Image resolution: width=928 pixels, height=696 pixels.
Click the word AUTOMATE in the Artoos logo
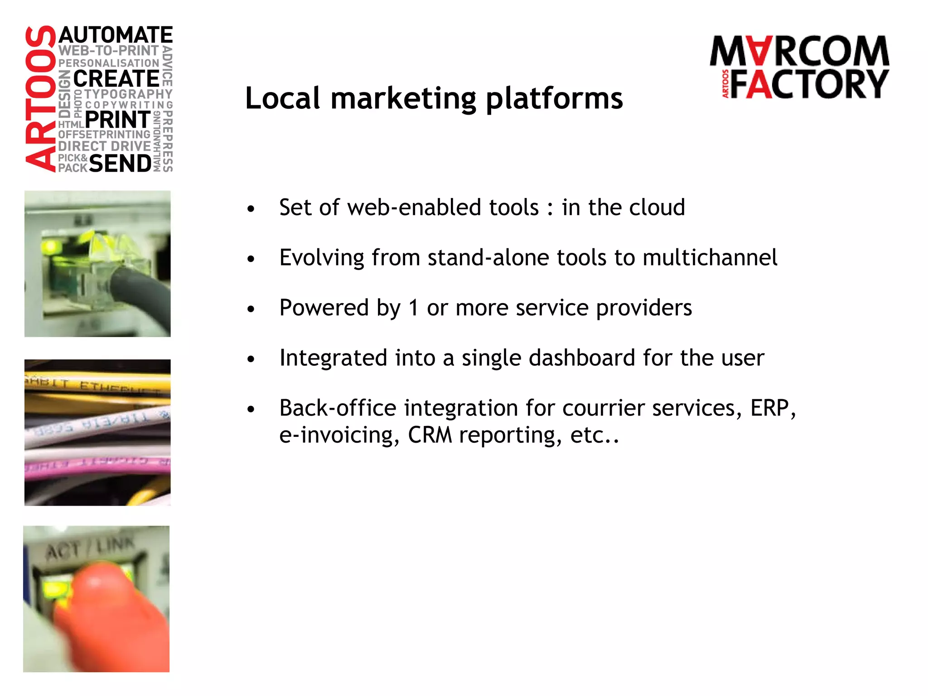116,35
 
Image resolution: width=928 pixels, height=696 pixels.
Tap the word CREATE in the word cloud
116,79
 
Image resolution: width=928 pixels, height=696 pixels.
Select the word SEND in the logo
121,164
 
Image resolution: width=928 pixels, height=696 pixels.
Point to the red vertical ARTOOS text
40,99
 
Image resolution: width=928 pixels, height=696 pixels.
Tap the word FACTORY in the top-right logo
809,84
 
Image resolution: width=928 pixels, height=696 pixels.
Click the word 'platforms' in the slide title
554,99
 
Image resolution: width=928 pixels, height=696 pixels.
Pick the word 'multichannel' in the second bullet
710,258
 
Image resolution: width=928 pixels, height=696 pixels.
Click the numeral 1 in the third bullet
413,308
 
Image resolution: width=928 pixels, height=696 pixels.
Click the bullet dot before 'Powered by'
251,309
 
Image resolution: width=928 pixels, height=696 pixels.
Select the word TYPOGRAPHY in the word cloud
128,94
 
